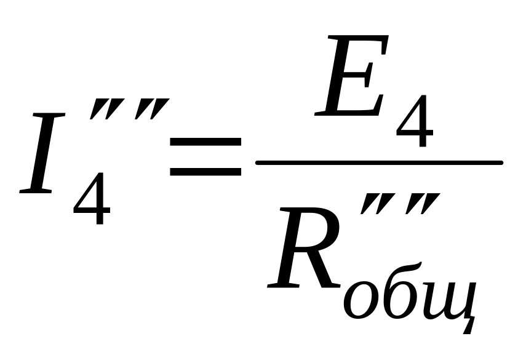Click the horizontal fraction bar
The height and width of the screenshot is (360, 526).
click(x=379, y=162)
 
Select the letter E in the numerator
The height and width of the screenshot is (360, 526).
click(x=351, y=77)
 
